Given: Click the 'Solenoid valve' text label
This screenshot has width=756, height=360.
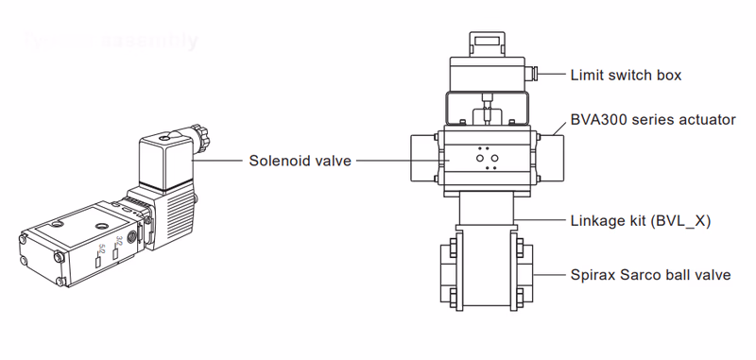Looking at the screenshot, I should (300, 161).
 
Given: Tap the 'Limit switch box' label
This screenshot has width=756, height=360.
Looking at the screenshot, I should (625, 75).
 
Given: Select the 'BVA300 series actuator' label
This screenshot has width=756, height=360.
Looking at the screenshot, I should (652, 121).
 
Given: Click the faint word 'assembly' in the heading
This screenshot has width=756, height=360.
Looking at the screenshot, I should (151, 41).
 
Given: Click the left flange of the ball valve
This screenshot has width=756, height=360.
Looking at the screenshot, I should (449, 276).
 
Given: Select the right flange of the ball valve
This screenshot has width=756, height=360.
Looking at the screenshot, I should (522, 276).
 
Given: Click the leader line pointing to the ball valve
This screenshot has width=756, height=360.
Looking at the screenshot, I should (548, 275).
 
